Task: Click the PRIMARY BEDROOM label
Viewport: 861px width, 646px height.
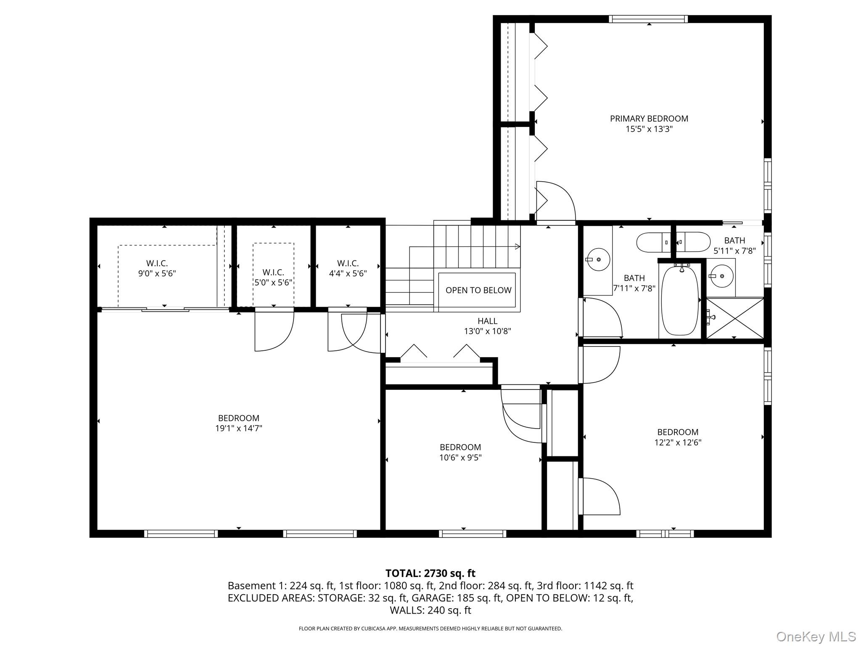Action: [x=649, y=119]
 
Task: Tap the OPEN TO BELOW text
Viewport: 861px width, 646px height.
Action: [x=478, y=290]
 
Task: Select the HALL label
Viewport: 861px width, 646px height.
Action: [x=488, y=321]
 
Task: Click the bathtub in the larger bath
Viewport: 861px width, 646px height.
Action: [x=680, y=300]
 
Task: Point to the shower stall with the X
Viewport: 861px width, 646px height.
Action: [x=734, y=318]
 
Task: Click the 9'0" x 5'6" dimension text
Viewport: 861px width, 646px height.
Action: [x=157, y=273]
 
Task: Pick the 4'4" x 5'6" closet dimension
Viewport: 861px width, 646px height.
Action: [x=348, y=273]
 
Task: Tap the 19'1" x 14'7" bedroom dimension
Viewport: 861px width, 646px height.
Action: [x=239, y=428]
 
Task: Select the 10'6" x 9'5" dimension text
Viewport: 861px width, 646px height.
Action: [x=460, y=457]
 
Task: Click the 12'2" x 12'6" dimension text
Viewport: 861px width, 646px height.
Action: [x=678, y=442]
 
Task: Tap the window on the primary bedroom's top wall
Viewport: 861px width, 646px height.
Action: [x=648, y=19]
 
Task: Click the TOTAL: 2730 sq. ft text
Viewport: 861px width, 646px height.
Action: [x=430, y=573]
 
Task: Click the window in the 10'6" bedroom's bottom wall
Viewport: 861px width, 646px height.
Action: [x=473, y=534]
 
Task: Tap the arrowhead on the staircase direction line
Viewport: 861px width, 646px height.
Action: [x=518, y=246]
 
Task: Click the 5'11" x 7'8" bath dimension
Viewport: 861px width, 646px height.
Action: [x=734, y=251]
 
